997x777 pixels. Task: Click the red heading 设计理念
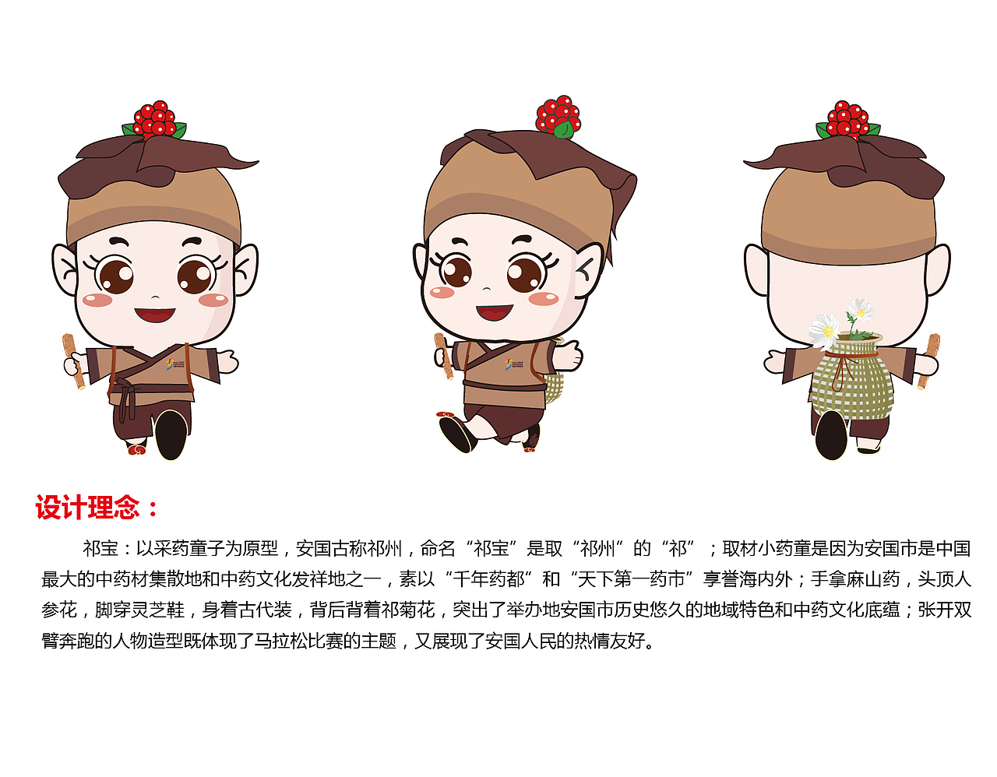pyautogui.click(x=87, y=508)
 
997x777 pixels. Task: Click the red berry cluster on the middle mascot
pyautogui.click(x=558, y=116)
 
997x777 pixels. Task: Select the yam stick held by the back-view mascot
pyautogui.click(x=928, y=360)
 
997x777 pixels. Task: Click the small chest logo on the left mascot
pyautogui.click(x=176, y=363)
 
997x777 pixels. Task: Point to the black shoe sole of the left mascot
pyautogui.click(x=171, y=434)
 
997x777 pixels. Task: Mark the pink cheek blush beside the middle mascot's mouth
pyautogui.click(x=543, y=298)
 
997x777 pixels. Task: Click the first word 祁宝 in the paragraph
pyautogui.click(x=100, y=549)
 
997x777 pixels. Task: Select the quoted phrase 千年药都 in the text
pyautogui.click(x=488, y=579)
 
